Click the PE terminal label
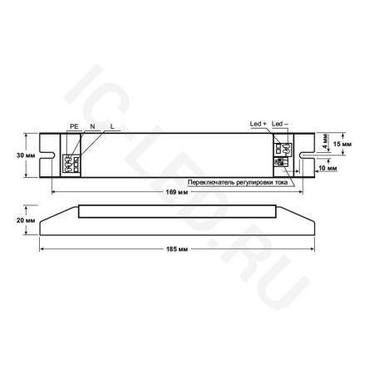74,125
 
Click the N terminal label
92,125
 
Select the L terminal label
111,125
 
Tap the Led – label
278,124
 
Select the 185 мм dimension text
177,250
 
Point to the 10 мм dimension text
327,169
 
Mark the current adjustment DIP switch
278,165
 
